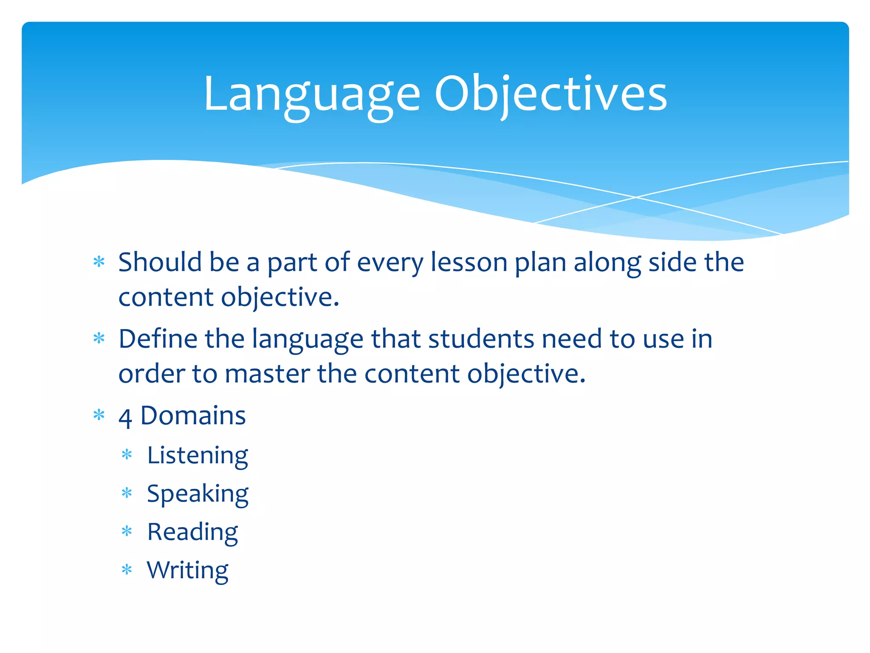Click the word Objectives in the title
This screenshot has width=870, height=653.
551,94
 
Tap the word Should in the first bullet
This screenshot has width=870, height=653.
160,262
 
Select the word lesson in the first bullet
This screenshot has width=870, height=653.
469,262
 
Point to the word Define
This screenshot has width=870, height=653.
158,339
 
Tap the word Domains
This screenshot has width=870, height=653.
193,415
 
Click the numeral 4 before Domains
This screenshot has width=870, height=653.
125,417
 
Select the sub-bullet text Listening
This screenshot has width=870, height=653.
198,456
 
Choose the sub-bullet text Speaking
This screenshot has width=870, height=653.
198,494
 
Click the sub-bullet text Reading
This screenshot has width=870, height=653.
192,532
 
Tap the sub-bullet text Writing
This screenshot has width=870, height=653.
188,571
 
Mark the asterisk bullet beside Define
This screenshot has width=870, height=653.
99,338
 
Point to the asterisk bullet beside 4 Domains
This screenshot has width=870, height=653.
99,415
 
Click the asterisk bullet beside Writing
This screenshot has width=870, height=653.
127,569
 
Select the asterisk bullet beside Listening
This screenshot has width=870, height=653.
127,455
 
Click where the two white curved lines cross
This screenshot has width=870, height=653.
636,197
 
